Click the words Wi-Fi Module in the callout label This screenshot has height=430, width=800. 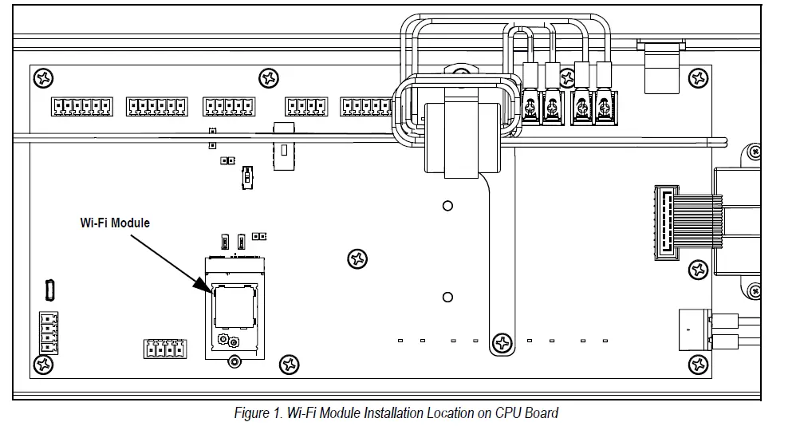pos(114,223)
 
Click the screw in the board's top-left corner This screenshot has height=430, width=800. pos(42,78)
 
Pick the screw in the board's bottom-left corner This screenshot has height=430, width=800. pos(42,365)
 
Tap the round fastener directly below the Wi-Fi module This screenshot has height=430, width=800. pos(233,362)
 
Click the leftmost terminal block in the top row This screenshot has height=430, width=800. pos(82,105)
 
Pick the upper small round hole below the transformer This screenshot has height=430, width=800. pos(447,205)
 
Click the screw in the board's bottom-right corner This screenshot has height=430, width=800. pos(700,365)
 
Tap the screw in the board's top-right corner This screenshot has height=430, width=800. pos(700,78)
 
